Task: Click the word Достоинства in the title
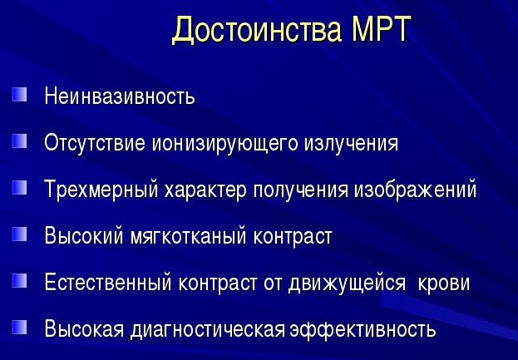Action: pyautogui.click(x=257, y=29)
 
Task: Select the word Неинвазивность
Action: pyautogui.click(x=120, y=96)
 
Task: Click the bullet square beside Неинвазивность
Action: pyautogui.click(x=19, y=94)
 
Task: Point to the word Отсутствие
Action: pyautogui.click(x=95, y=143)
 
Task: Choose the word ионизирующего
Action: pyautogui.click(x=225, y=144)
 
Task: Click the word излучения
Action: pyautogui.click(x=351, y=144)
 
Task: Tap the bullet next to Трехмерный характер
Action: pyautogui.click(x=19, y=188)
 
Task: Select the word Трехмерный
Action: pyautogui.click(x=101, y=190)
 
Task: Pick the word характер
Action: pyautogui.click(x=205, y=190)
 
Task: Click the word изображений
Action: pyautogui.click(x=415, y=190)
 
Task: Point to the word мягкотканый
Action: pyautogui.click(x=188, y=236)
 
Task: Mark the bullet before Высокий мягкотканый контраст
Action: pyautogui.click(x=19, y=234)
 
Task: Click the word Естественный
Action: pyautogui.click(x=108, y=283)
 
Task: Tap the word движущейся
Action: pyautogui.click(x=347, y=283)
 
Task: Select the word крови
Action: pyautogui.click(x=444, y=284)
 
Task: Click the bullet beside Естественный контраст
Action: pyautogui.click(x=19, y=281)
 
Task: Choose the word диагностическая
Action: pyautogui.click(x=208, y=329)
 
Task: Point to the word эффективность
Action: pyautogui.click(x=363, y=329)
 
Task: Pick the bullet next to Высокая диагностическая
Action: pyautogui.click(x=19, y=328)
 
